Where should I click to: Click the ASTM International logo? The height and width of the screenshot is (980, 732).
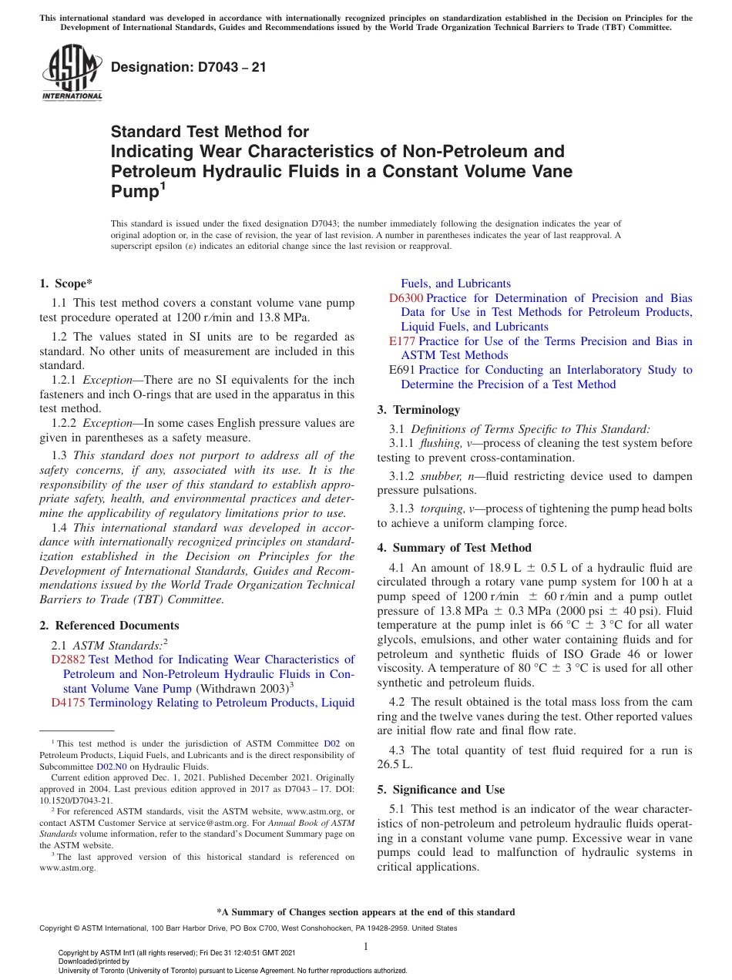[72, 72]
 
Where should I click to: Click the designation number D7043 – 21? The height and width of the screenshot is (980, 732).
[189, 67]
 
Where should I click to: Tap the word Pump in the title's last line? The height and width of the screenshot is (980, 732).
[134, 192]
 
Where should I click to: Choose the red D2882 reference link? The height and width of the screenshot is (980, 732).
[68, 659]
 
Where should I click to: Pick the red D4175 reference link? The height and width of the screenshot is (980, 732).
[68, 703]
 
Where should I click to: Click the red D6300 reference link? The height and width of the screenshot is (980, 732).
[405, 298]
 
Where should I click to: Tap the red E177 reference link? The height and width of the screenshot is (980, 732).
[403, 341]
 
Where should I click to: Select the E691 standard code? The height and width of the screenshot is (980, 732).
[403, 370]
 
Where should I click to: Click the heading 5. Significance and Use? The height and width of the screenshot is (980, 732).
[441, 790]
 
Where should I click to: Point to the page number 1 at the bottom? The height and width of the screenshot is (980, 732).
[366, 947]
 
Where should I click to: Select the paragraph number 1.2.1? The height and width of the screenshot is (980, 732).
[65, 380]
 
